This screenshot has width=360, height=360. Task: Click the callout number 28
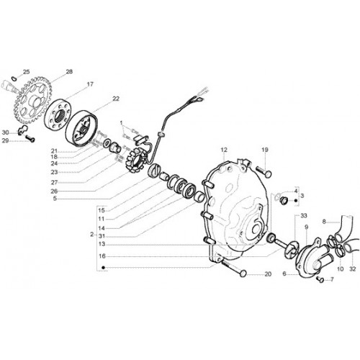(x=69, y=71)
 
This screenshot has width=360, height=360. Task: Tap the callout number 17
(x=90, y=84)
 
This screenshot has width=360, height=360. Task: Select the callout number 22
(x=116, y=99)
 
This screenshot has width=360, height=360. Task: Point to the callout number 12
(x=224, y=150)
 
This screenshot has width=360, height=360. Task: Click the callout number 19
(x=265, y=150)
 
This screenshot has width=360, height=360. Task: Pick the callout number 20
(x=268, y=274)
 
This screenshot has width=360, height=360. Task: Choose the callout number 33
(x=304, y=216)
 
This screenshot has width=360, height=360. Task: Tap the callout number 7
(x=332, y=279)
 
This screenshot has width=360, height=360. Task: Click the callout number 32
(x=352, y=269)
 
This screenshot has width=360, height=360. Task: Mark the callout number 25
(x=26, y=71)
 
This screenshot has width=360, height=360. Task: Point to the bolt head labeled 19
(x=269, y=174)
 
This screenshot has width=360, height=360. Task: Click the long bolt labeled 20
(x=233, y=269)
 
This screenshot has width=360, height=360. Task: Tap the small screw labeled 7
(x=320, y=279)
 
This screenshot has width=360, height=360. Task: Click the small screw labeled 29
(x=30, y=138)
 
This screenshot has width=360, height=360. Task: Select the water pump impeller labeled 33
(x=291, y=250)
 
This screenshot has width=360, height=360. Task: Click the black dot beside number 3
(x=296, y=200)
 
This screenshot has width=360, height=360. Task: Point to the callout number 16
(x=102, y=256)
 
